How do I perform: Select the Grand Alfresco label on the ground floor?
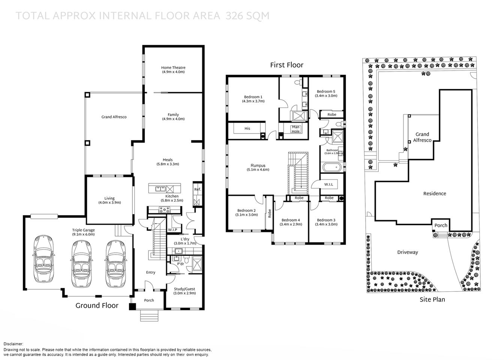tap(114, 117)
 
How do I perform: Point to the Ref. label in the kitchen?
tap(198, 189)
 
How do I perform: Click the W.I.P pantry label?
tap(172, 229)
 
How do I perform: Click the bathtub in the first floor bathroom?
tap(331, 167)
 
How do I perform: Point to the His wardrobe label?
tap(247, 129)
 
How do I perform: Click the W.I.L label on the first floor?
tap(328, 184)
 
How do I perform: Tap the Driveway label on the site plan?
tap(408, 252)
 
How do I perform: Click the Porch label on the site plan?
tap(441, 225)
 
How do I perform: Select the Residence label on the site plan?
tap(435, 193)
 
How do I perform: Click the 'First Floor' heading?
tap(286, 65)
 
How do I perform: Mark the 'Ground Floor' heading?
tap(97, 306)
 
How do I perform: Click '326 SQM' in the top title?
tap(247, 16)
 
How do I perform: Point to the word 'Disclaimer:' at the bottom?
tap(13, 344)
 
